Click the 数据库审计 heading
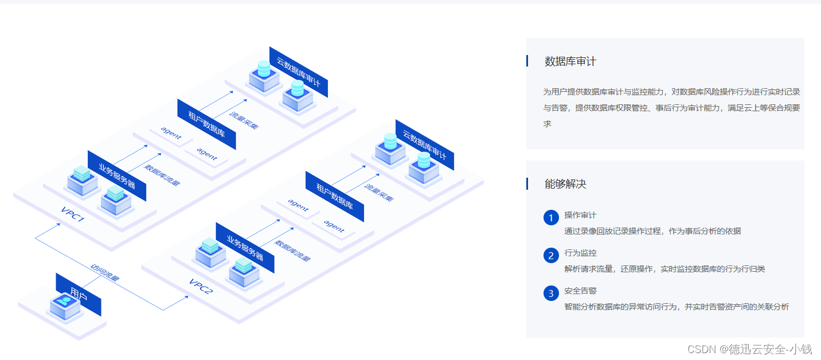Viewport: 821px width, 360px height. pos(570,61)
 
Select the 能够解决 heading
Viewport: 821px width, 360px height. pos(565,184)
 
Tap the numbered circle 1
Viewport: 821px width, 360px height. pos(551,218)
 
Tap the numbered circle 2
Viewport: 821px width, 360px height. pos(551,256)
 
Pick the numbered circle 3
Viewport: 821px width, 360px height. pos(551,294)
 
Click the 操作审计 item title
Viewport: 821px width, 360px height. pos(580,215)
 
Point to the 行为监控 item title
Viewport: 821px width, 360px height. pos(580,253)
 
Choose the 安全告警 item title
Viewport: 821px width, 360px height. pos(580,291)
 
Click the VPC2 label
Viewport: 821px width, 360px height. pos(201,285)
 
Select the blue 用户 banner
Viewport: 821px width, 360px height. pos(79,294)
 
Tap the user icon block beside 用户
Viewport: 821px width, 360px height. pos(64,306)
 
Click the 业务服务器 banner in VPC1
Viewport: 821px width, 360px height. pos(117,175)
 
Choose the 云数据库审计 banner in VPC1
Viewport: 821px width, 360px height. pos(298,72)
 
